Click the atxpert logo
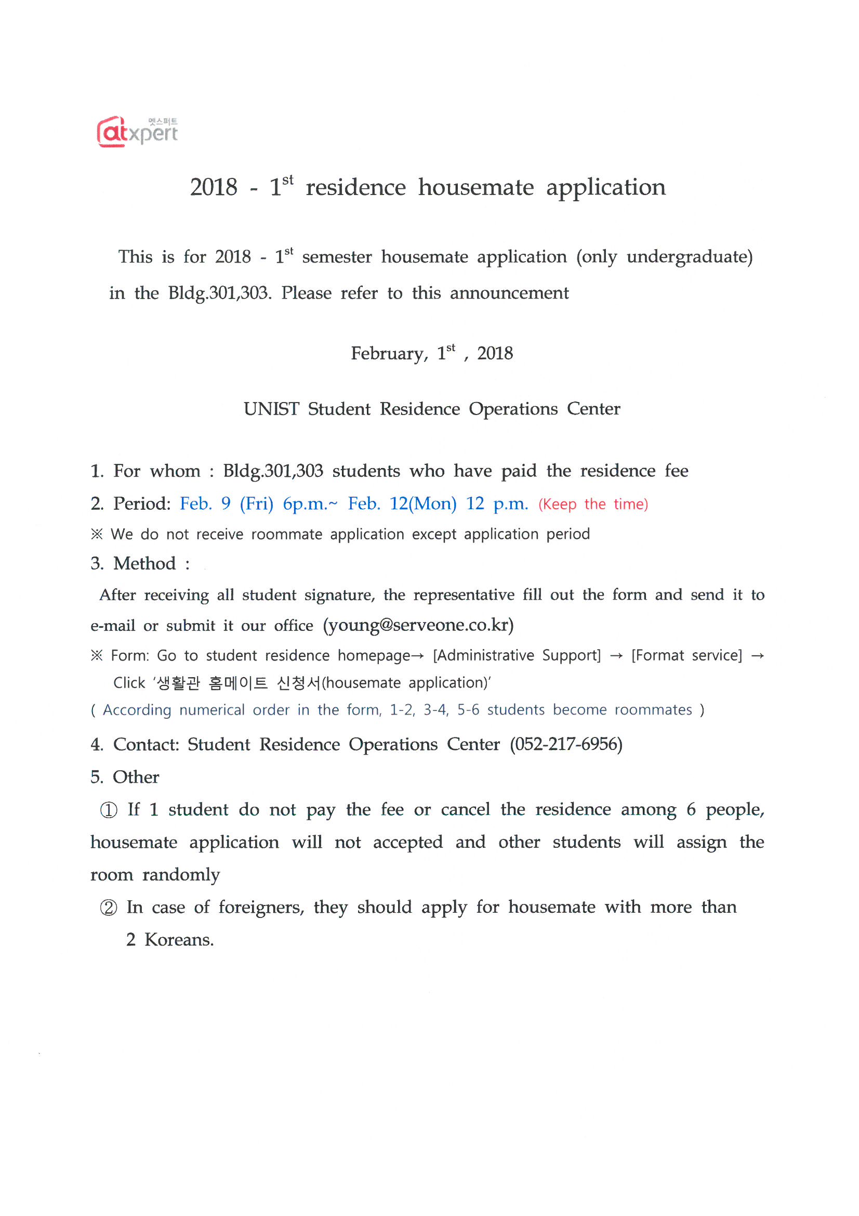137,132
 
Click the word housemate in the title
476,187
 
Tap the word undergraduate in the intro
689,257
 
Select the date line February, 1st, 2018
431,353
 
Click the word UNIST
271,409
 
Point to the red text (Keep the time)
593,504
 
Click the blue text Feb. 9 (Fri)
227,503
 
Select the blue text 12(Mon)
423,503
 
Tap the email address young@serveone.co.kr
418,626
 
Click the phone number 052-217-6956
566,745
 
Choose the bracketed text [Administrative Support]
517,656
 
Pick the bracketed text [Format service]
686,656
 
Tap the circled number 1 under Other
109,810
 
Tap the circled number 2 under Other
109,908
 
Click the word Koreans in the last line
179,940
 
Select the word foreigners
261,908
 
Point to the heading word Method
144,563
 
